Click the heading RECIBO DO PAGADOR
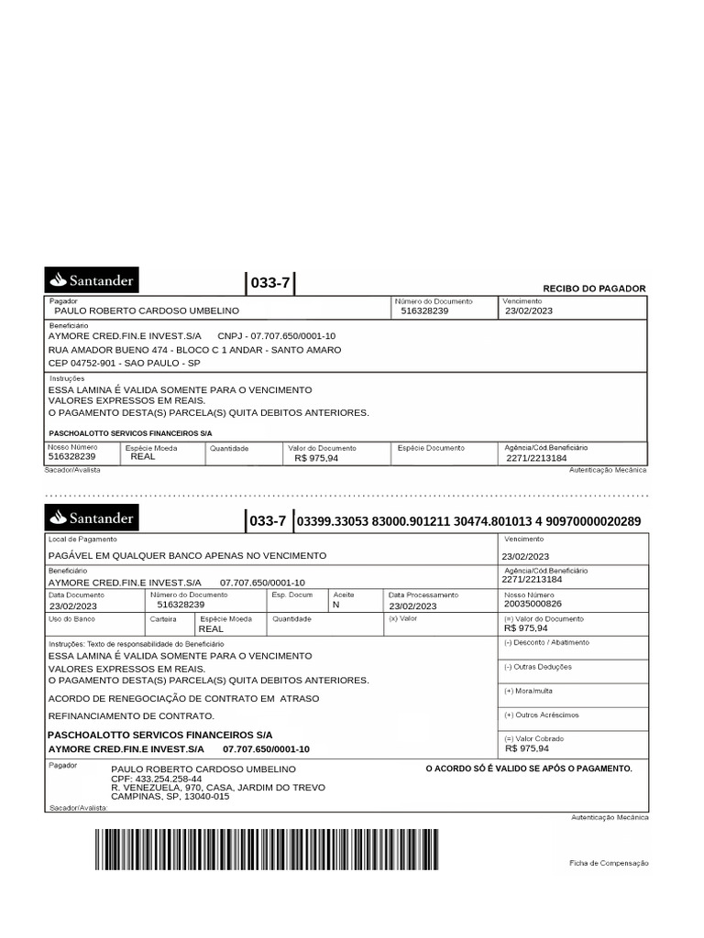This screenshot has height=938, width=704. [594, 289]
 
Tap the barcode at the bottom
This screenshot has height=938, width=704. [266, 849]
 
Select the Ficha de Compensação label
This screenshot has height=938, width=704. [609, 863]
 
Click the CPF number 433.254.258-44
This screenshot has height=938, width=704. [156, 779]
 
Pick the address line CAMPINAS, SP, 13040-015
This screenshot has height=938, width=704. [170, 797]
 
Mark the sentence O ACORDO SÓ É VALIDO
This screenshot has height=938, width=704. [529, 769]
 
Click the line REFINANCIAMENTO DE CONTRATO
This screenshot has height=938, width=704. [131, 715]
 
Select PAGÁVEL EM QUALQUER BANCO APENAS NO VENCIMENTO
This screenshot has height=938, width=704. [187, 556]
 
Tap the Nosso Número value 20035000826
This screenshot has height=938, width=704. [533, 605]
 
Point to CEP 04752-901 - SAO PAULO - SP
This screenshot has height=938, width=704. [125, 363]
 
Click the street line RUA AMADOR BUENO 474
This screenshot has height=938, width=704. [194, 350]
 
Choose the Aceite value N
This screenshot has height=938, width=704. [335, 605]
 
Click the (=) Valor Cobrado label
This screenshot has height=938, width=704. [533, 738]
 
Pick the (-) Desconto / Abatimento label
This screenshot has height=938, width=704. [546, 642]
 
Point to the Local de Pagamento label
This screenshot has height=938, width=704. [82, 540]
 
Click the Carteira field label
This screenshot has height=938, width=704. [163, 618]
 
